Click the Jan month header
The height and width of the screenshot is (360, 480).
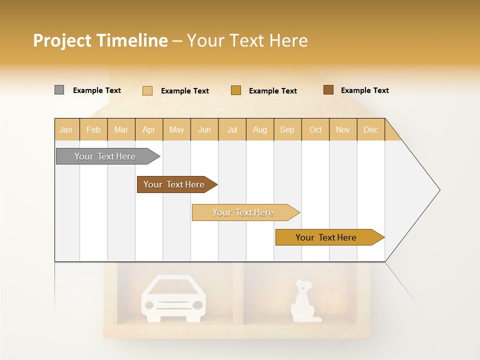pos(66,130)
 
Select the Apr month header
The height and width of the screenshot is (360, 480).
pos(149,130)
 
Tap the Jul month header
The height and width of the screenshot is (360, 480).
pos(232,130)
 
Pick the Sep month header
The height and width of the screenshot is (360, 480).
pos(287,130)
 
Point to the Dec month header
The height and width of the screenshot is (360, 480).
pos(370,130)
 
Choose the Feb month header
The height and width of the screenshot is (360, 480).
pos(93,130)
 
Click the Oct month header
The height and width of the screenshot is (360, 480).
pos(315,130)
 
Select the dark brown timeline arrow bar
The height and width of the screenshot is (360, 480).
pos(175,184)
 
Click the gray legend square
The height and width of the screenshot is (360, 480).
pos(59,90)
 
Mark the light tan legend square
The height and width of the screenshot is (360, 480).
pos(147,90)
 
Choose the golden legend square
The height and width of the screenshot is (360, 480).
pos(236,90)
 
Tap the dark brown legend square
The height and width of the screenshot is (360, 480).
pos(328,90)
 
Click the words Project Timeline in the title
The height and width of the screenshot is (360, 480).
pos(100,40)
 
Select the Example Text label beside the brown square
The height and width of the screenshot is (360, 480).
pos(364,90)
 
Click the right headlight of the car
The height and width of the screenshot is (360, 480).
pos(198,304)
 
